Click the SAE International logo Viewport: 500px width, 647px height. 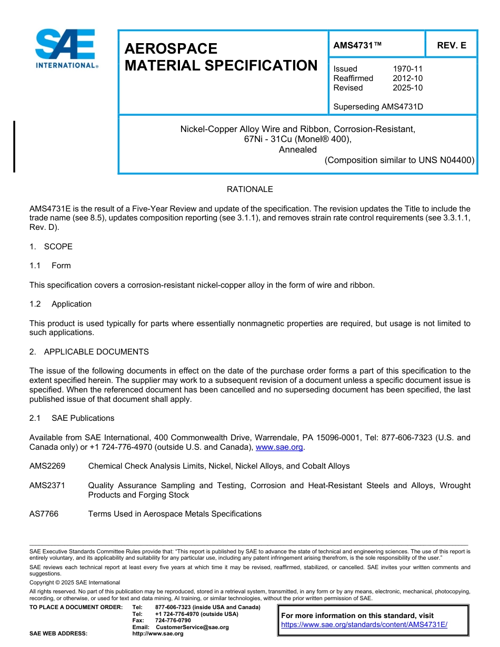(x=66, y=48)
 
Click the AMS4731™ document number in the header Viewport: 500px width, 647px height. (x=357, y=46)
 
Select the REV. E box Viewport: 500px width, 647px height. (x=451, y=46)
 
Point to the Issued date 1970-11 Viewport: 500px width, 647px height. (x=407, y=69)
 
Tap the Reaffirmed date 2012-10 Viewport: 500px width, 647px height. (x=407, y=78)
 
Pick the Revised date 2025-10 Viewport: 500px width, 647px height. (x=407, y=88)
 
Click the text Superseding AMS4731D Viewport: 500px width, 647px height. (x=378, y=107)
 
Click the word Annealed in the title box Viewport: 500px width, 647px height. (x=297, y=149)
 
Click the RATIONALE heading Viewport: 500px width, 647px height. (x=249, y=189)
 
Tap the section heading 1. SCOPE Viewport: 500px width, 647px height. (x=51, y=247)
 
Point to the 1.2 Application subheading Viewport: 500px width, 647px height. (x=61, y=304)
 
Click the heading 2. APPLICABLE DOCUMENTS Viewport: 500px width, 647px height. (x=89, y=352)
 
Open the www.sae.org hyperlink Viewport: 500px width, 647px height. (x=279, y=448)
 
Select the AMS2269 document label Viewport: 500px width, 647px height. (x=47, y=466)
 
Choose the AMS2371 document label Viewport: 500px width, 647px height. (x=47, y=486)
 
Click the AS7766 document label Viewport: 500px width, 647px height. (x=44, y=514)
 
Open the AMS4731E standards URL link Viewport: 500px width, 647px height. (x=364, y=625)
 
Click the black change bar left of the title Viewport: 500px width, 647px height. (x=14, y=146)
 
